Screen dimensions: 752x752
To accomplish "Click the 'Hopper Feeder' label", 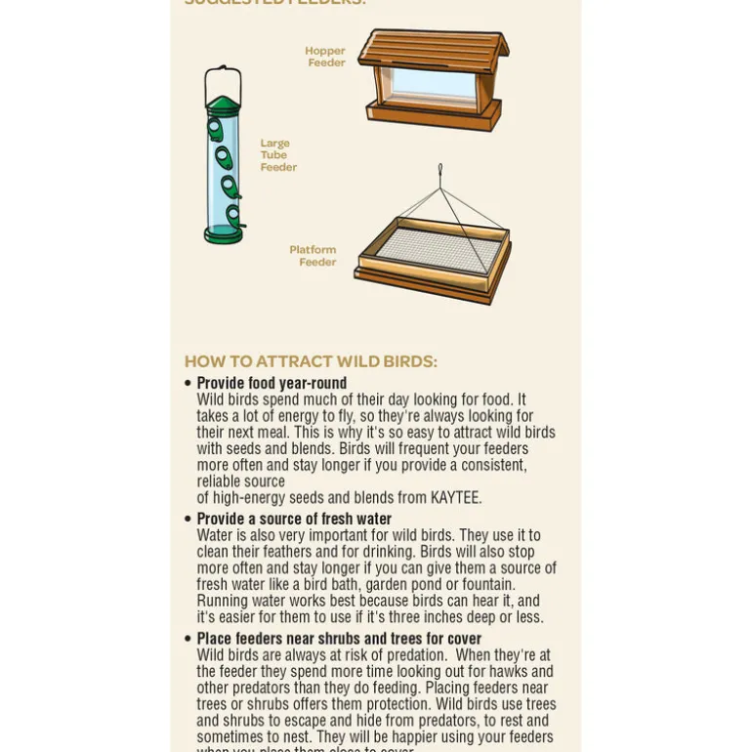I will tap(325, 57).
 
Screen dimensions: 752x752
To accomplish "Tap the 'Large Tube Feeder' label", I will tap(277, 155).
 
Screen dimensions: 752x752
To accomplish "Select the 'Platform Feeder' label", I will tap(313, 256).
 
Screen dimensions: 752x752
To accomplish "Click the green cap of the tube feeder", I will tap(223, 104).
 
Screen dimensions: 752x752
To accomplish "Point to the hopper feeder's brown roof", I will tap(433, 49).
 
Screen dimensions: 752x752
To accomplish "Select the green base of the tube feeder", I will tap(223, 234).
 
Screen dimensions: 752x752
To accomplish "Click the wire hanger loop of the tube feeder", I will tap(223, 78).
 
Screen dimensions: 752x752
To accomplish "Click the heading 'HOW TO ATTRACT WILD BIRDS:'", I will tap(311, 361).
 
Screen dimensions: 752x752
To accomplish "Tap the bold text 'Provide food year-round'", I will tap(272, 384).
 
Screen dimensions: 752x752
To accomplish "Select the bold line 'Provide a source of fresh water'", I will tap(294, 520).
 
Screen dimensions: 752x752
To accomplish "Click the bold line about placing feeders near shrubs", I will tap(339, 639).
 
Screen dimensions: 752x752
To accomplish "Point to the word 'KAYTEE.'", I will tap(452, 498).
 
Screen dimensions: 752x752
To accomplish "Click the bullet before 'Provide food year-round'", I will tap(188, 383).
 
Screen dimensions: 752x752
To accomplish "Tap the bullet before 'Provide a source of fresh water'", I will tap(188, 519).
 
